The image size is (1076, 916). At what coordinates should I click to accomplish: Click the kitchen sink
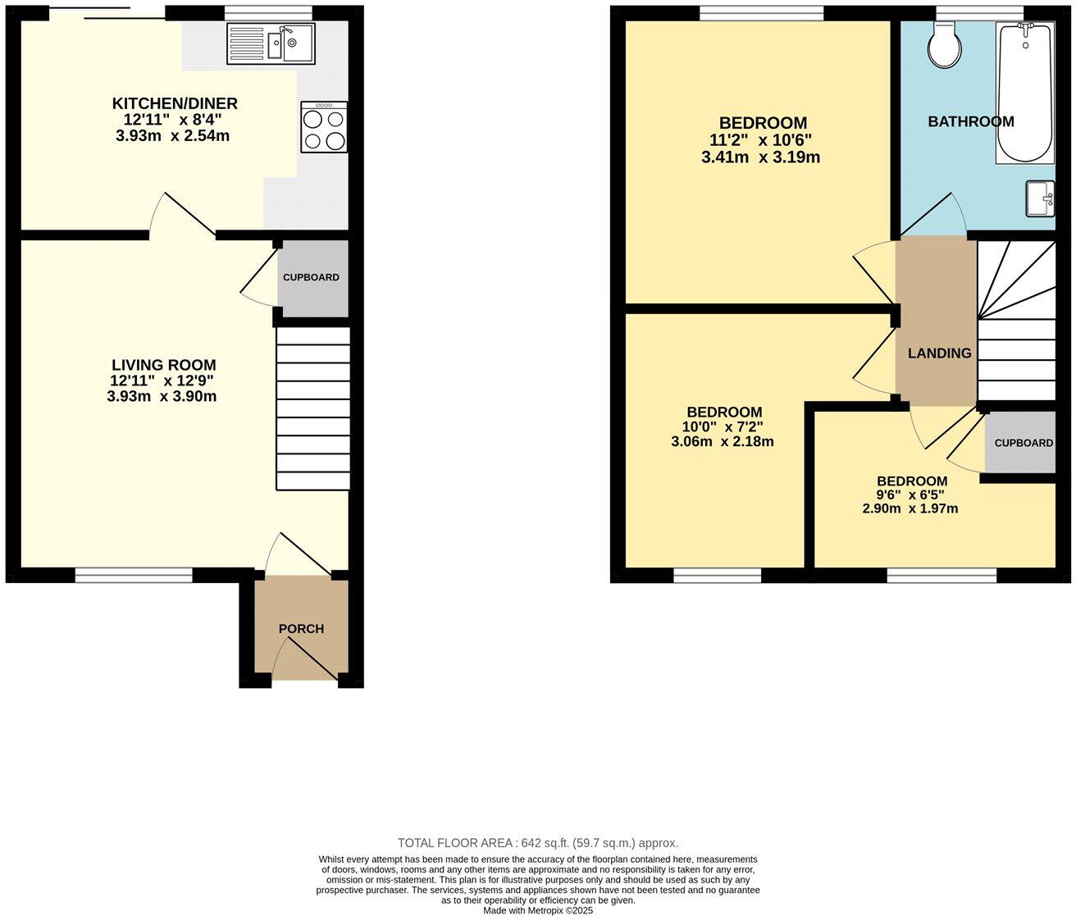click(271, 43)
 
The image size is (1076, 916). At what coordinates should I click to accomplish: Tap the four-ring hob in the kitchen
click(324, 127)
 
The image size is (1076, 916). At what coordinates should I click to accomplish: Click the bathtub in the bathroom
click(1024, 92)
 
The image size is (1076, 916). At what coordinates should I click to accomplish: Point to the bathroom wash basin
click(1040, 198)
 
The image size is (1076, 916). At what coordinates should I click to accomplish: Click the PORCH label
click(301, 629)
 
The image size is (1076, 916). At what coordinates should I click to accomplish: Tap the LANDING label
click(939, 353)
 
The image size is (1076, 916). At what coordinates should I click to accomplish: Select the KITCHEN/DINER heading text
click(175, 103)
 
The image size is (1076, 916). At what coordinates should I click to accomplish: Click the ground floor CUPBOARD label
click(311, 277)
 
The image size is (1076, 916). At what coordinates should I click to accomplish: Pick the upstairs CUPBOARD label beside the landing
click(1024, 443)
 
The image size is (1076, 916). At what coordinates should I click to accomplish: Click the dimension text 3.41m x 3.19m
click(760, 157)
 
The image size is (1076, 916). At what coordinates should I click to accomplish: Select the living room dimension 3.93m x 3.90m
click(162, 397)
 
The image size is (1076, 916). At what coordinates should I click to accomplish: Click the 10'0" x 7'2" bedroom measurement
click(723, 427)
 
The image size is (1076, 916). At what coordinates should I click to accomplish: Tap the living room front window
click(134, 576)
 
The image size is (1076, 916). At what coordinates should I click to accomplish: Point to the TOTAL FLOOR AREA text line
click(538, 843)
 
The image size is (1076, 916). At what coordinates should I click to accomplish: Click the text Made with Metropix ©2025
click(538, 910)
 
